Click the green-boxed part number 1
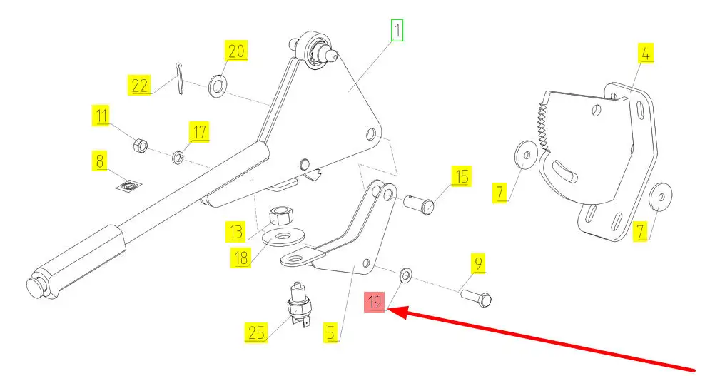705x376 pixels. coord(397,30)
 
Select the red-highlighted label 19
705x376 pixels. coord(375,302)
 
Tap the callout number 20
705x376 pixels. coord(236,51)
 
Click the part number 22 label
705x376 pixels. coord(139,85)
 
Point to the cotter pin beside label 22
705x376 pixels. coord(179,78)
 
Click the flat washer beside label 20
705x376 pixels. coord(218,85)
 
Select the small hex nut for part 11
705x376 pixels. coord(141,145)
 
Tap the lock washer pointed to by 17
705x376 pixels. coord(178,157)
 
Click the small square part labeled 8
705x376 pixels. coord(129,186)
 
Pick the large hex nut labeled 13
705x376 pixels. coord(280,215)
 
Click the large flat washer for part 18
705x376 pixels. coord(281,238)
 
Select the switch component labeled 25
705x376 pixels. coord(298,304)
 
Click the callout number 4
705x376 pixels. coord(645,54)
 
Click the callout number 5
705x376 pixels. coord(331,332)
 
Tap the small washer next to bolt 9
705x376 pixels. coord(405,274)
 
